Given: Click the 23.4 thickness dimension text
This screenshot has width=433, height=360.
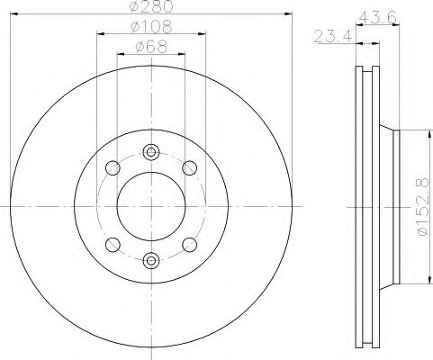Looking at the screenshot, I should point(330,36).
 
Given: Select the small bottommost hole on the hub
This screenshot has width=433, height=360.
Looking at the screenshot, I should point(150,259).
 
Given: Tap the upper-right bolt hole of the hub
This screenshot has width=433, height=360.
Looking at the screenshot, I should point(190,167).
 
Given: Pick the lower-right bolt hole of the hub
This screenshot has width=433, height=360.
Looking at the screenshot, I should point(190,244).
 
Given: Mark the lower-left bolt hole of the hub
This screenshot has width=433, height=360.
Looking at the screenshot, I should point(112,244).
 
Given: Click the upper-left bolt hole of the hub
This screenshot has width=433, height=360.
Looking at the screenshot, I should point(112,167).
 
